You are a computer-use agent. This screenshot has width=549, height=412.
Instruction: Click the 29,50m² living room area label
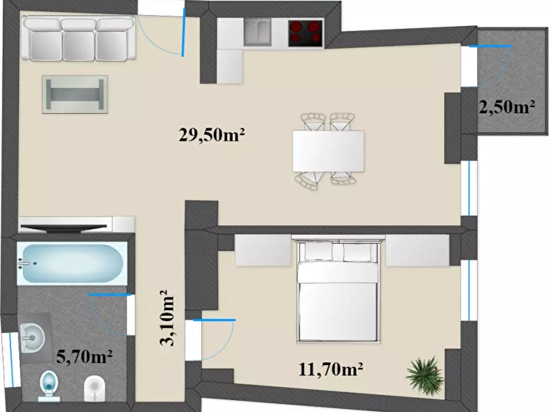pyautogui.click(x=211, y=135)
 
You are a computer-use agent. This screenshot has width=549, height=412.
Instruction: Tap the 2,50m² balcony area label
pyautogui.click(x=507, y=108)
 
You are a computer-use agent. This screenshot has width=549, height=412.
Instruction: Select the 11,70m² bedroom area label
pyautogui.click(x=331, y=369)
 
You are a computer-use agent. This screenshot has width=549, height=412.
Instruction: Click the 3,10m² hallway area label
pyautogui.click(x=167, y=317)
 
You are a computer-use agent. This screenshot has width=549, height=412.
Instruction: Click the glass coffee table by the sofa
pyautogui.click(x=75, y=94)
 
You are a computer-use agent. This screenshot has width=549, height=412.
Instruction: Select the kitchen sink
pyautogui.click(x=258, y=32)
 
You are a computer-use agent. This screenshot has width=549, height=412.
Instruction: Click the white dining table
pyautogui.click(x=328, y=151)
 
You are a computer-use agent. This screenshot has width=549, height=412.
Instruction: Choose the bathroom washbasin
pyautogui.click(x=32, y=338)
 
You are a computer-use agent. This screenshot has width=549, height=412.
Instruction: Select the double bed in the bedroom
pyautogui.click(x=339, y=290)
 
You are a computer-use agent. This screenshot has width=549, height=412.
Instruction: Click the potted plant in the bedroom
pyautogui.click(x=424, y=374)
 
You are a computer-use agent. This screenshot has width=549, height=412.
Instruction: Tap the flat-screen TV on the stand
pyautogui.click(x=63, y=228)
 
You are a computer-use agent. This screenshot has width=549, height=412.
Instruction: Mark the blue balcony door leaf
pyautogui.click(x=490, y=46)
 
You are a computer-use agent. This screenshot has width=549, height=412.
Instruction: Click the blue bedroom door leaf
pyautogui.click(x=215, y=320)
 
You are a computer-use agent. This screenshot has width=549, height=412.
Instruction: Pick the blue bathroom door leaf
pyautogui.click(x=110, y=295)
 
